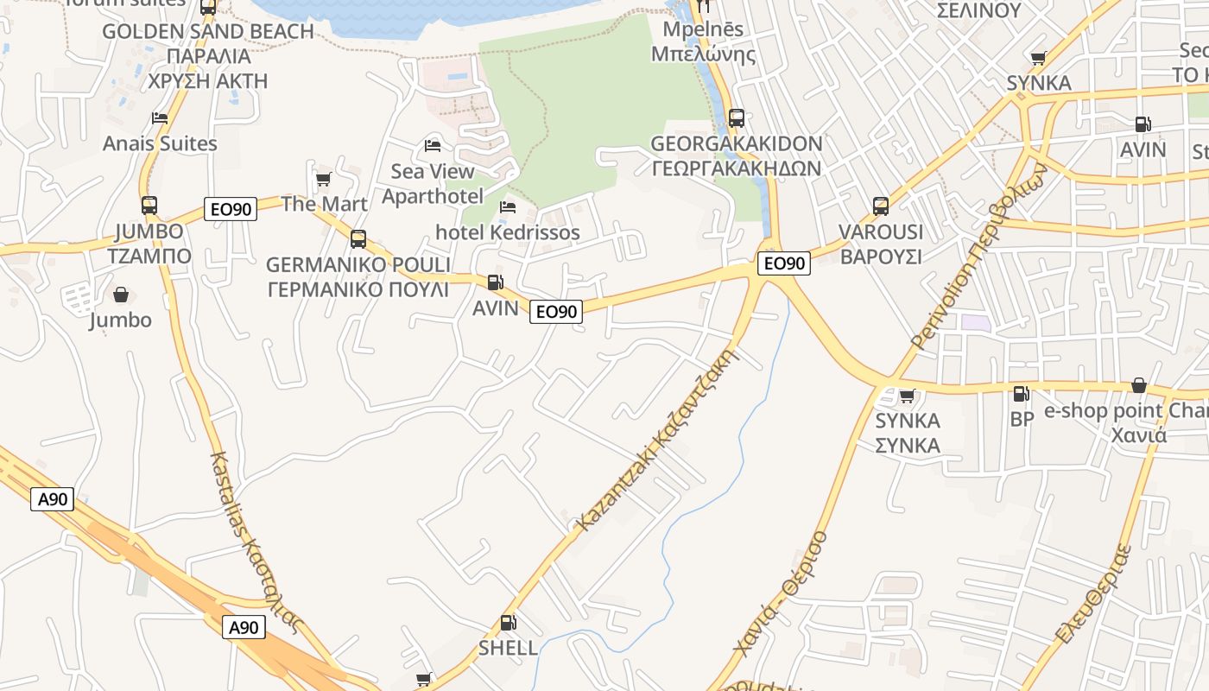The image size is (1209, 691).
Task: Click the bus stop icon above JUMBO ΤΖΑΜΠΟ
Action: click(x=149, y=206)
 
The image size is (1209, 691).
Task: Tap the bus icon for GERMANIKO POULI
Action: click(x=358, y=239)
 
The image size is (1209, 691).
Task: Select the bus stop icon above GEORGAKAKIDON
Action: click(x=737, y=118)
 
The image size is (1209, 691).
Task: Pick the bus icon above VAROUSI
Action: click(x=881, y=206)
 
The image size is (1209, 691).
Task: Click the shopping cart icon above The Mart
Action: click(x=324, y=179)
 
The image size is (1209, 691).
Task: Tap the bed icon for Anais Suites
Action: click(x=160, y=117)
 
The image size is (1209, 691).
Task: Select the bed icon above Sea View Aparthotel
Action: click(x=433, y=145)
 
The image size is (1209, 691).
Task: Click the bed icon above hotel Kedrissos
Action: click(x=508, y=207)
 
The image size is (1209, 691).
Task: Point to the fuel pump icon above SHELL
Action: click(x=509, y=623)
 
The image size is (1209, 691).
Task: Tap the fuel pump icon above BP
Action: click(x=1021, y=394)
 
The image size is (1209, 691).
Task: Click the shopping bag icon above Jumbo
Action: click(x=121, y=295)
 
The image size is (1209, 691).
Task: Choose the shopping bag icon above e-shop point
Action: click(x=1139, y=385)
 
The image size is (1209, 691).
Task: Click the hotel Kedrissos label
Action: click(x=508, y=232)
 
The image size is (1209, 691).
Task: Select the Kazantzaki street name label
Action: click(x=658, y=440)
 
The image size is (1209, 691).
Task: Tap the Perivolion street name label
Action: click(x=979, y=258)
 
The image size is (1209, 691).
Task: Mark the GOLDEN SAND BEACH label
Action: click(x=208, y=32)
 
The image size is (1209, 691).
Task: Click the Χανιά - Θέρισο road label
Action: click(x=781, y=593)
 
